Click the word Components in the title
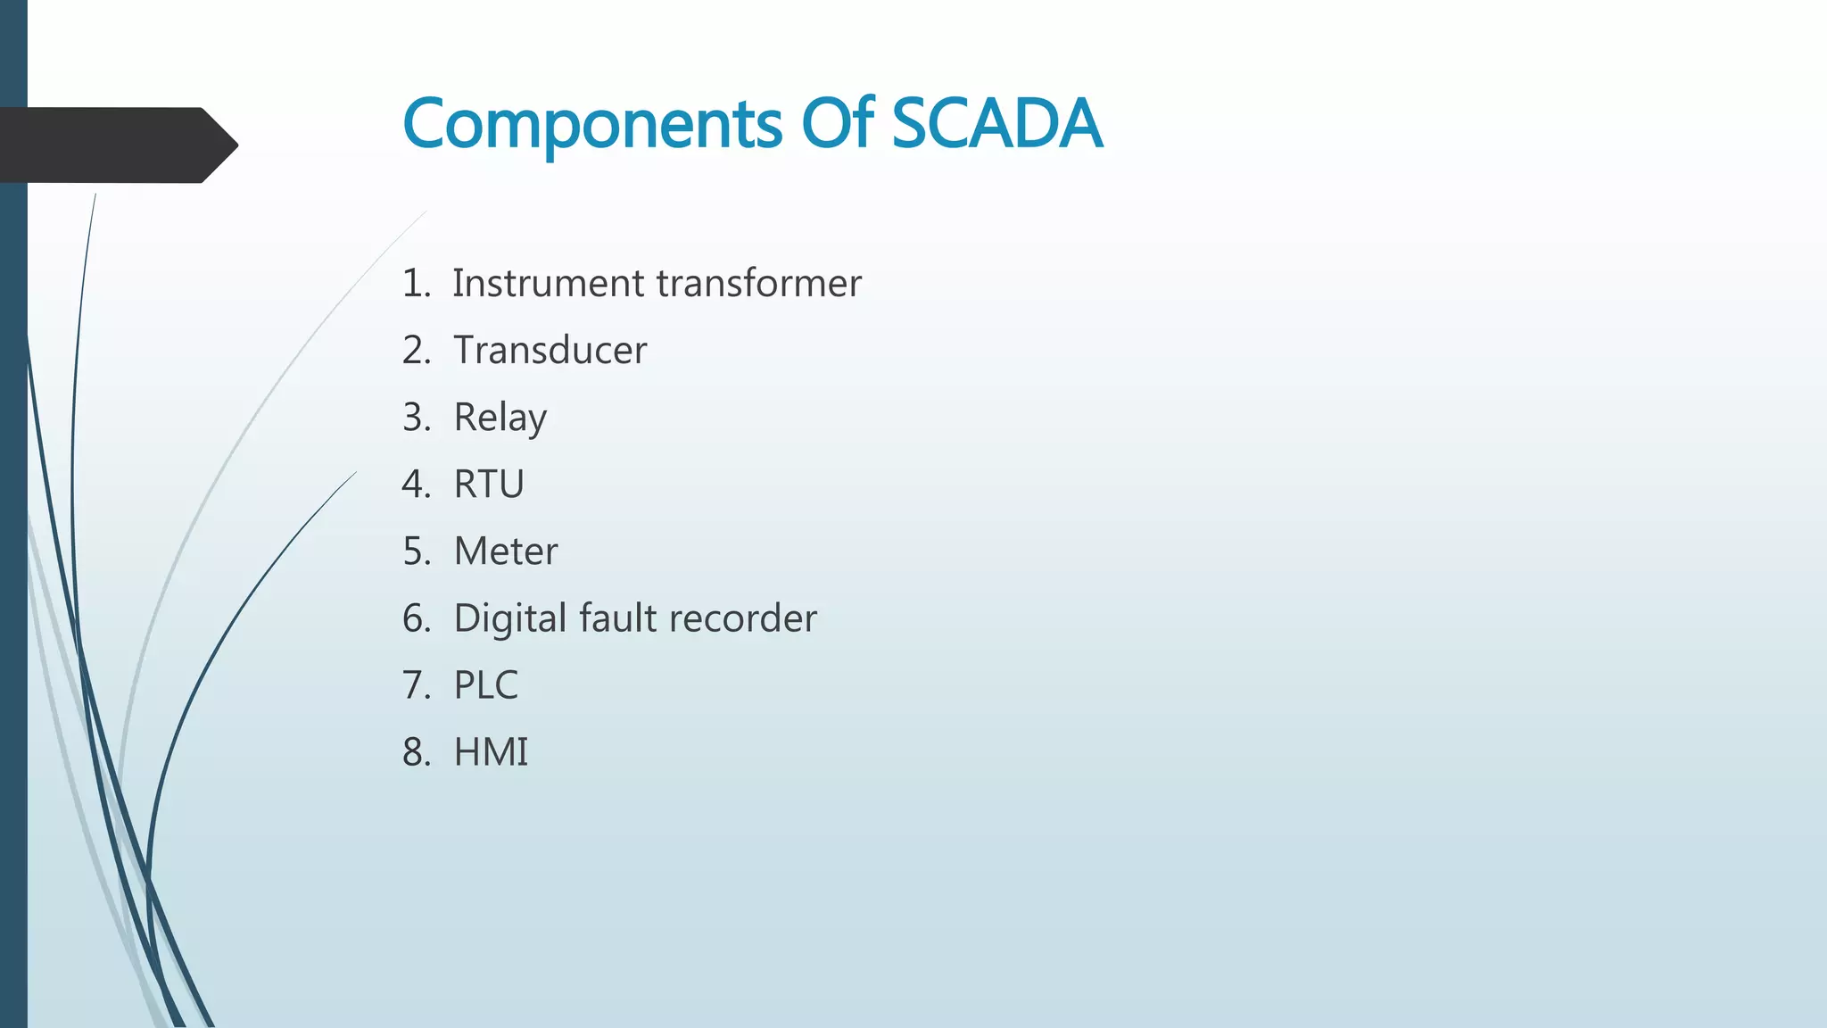(x=592, y=124)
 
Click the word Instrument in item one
(x=548, y=284)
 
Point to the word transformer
(x=758, y=284)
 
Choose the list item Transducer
(x=550, y=350)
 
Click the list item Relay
(x=500, y=418)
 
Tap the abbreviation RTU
(x=489, y=485)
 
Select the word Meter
(x=505, y=551)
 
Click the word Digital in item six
(x=509, y=619)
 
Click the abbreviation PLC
(x=485, y=685)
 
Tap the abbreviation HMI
(x=491, y=752)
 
